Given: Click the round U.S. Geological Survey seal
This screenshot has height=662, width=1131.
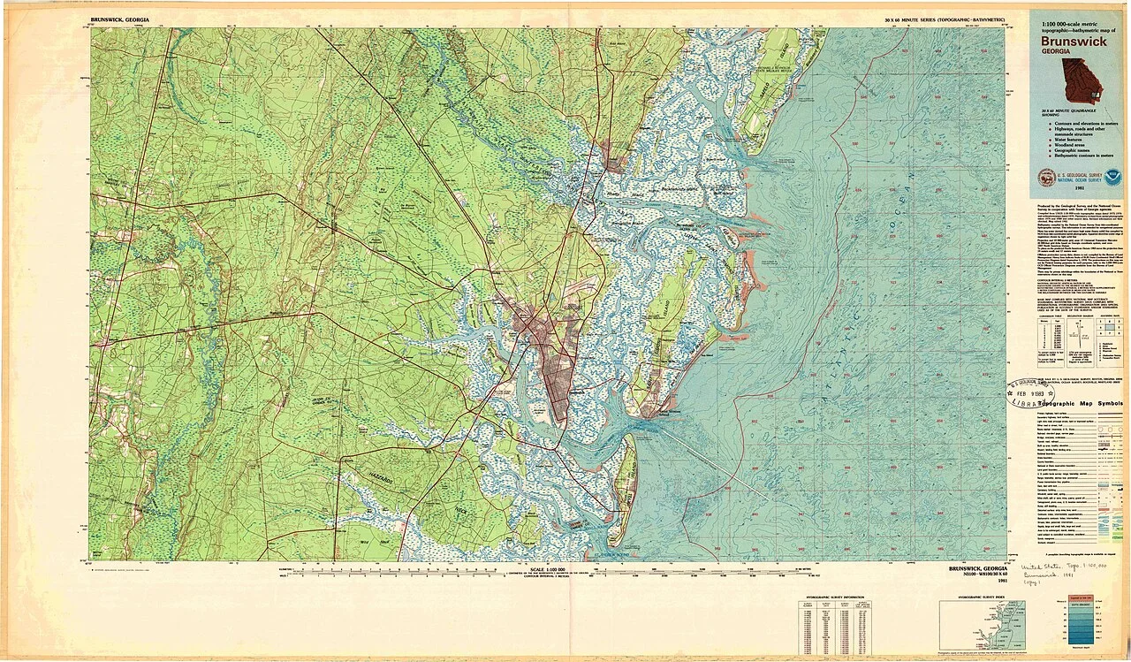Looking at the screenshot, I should coord(1046,177).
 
